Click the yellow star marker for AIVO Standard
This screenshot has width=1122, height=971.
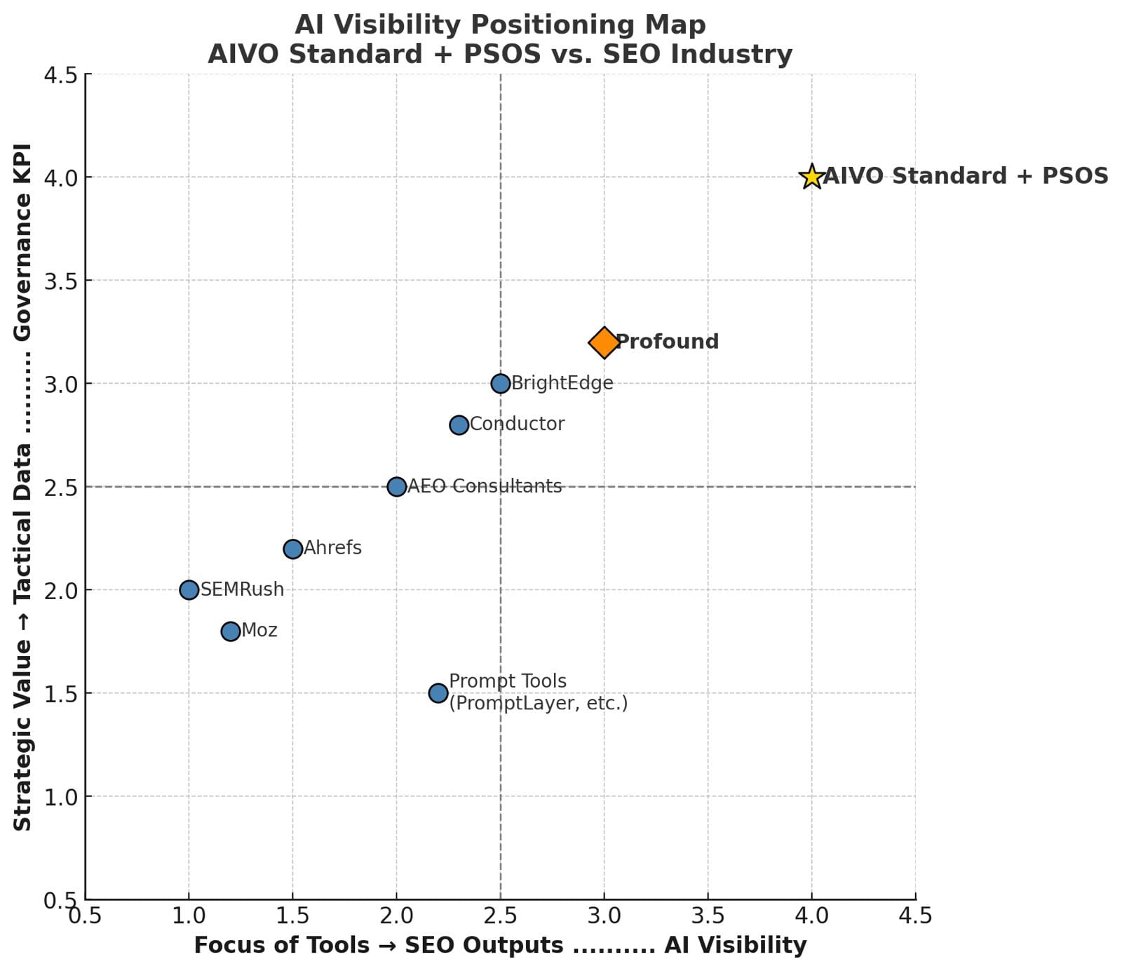click(811, 177)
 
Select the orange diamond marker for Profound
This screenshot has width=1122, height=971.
click(604, 342)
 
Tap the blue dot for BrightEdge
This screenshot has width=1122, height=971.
click(500, 384)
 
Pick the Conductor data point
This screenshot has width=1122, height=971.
click(459, 425)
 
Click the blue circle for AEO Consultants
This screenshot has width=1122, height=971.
click(396, 487)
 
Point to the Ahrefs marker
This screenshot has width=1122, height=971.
click(292, 549)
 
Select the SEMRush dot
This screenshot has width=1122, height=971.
click(189, 590)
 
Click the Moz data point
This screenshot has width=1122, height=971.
click(230, 631)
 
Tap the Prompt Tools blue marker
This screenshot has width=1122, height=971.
click(438, 693)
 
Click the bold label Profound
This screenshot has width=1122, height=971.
click(667, 342)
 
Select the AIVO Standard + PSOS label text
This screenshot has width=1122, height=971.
click(966, 176)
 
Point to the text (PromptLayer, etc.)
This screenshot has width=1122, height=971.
click(539, 703)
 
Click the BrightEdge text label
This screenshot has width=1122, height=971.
click(562, 383)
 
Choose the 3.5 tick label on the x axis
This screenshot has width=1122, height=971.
click(708, 916)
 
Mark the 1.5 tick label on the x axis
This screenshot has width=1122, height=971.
click(292, 916)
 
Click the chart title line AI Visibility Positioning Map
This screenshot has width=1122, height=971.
click(500, 25)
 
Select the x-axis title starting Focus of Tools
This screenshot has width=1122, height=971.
click(500, 946)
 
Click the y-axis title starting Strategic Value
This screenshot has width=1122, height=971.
click(22, 486)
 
